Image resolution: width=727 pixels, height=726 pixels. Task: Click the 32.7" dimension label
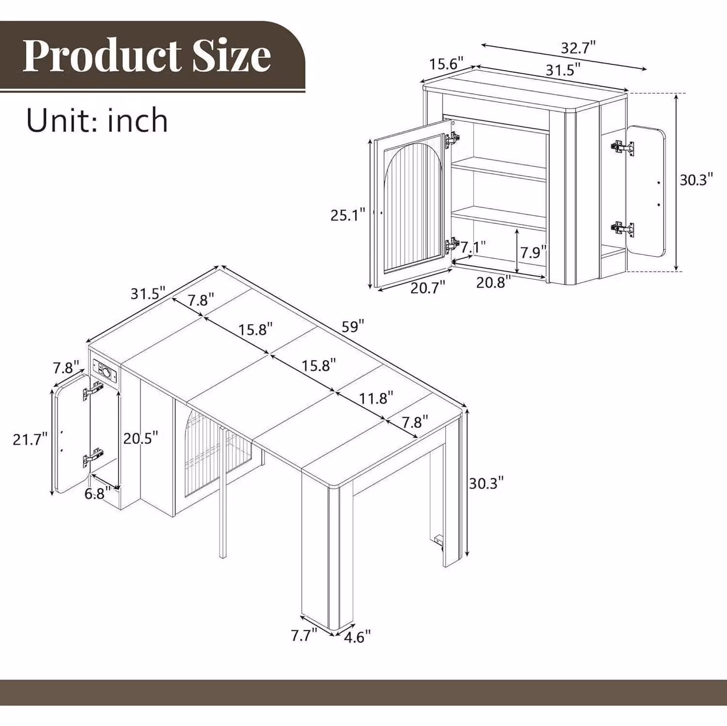[x=578, y=48]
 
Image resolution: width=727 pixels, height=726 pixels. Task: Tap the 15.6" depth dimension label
[x=447, y=64]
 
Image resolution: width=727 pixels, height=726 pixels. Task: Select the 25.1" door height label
[x=348, y=215]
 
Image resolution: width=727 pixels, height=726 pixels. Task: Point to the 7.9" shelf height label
[x=533, y=252]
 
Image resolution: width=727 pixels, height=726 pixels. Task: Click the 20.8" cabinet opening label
[x=494, y=282]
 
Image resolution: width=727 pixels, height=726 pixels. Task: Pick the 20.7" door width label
[x=428, y=287]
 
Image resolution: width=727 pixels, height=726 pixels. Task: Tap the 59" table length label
[x=353, y=326]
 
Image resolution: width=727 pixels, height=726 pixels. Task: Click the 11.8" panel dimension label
[x=376, y=398]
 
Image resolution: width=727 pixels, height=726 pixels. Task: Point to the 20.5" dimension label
[x=140, y=438]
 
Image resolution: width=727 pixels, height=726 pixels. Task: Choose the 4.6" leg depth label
[x=357, y=637]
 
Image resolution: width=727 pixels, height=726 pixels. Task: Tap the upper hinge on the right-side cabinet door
[x=622, y=147]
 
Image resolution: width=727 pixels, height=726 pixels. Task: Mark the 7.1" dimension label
[x=473, y=247]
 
